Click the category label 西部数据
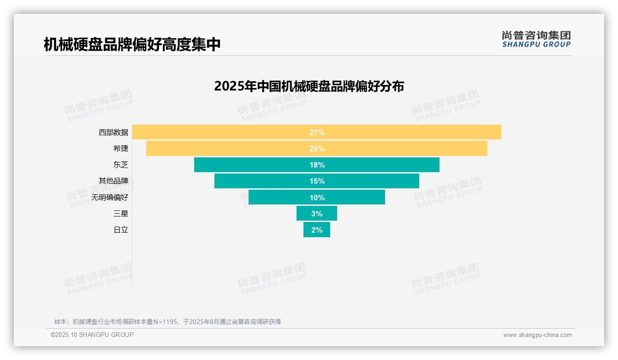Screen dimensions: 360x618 (x=113, y=132)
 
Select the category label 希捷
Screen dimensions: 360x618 (x=121, y=149)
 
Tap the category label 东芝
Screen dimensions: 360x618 (x=121, y=165)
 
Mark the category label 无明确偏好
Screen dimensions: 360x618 (x=110, y=198)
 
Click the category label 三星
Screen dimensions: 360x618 (x=121, y=214)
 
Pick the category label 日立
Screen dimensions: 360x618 (x=121, y=230)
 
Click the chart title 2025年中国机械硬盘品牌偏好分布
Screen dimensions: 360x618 (x=309, y=86)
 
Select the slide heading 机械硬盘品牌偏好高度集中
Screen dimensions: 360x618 (x=132, y=44)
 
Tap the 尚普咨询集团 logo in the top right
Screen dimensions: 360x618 (x=536, y=39)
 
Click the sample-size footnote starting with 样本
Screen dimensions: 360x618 (x=167, y=322)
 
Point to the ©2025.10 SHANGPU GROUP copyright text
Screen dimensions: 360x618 (x=92, y=335)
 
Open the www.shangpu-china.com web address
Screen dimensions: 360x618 (x=537, y=335)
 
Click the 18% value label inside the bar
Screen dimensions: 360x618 (x=317, y=165)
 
